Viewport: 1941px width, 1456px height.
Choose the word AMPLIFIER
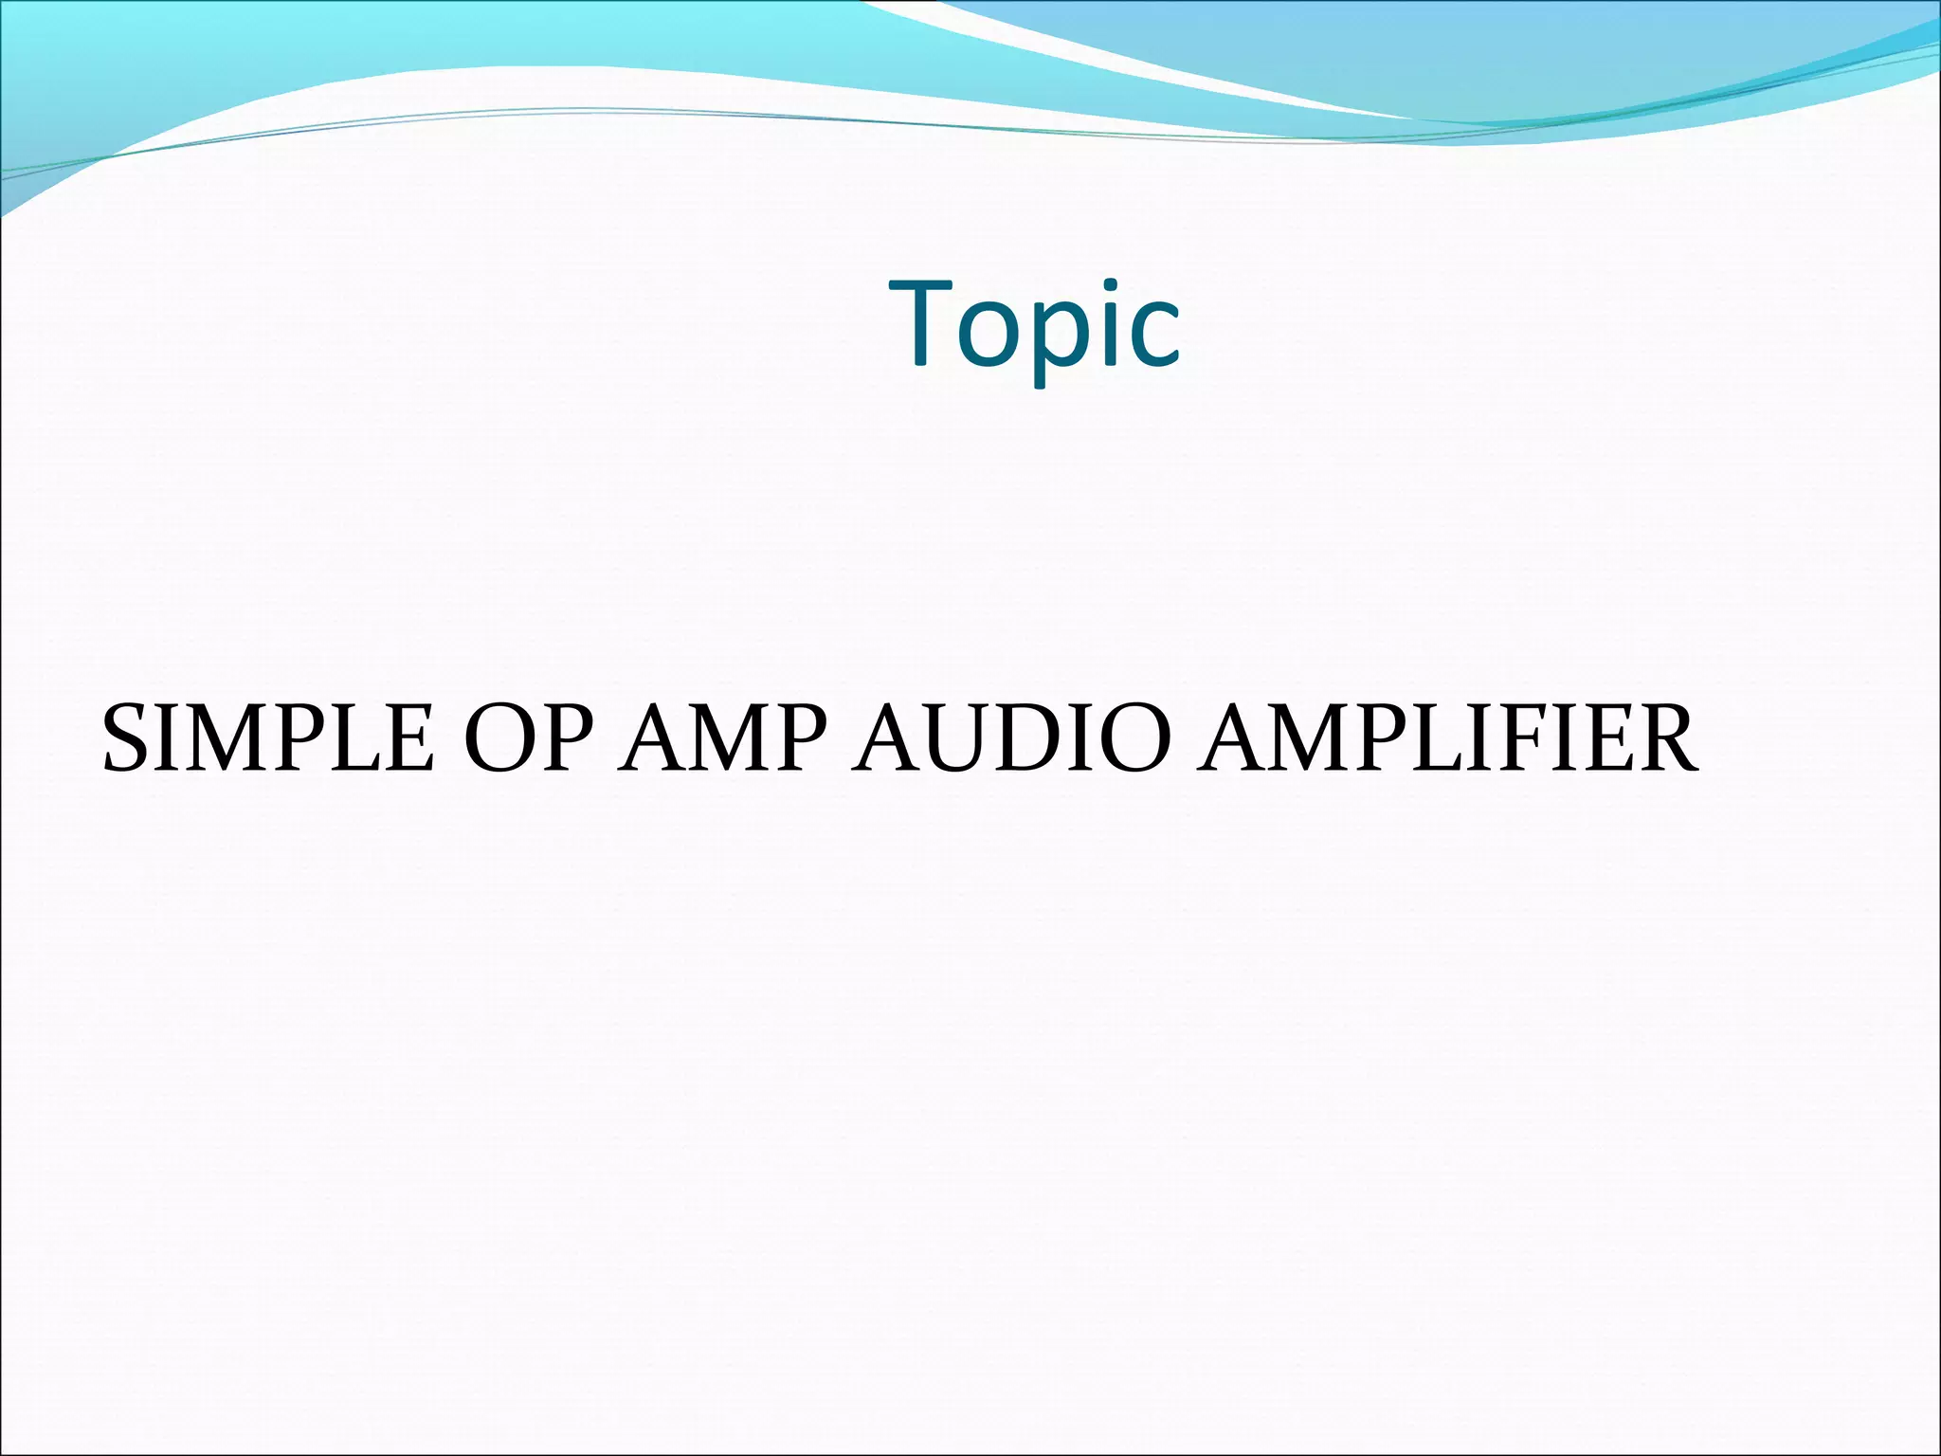click(1446, 738)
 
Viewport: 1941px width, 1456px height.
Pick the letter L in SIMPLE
click(361, 738)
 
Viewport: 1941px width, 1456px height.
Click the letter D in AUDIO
click(1040, 738)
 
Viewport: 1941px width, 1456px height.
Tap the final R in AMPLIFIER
click(1660, 738)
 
